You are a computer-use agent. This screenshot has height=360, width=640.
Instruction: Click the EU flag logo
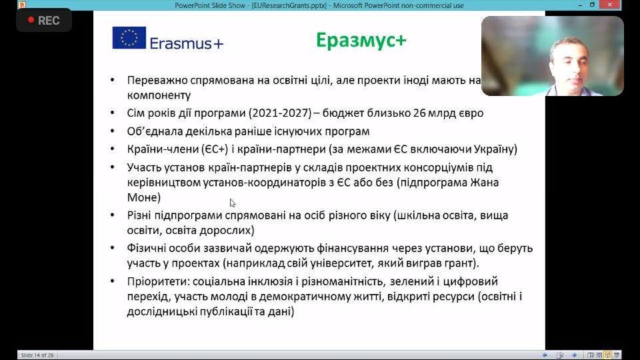pyautogui.click(x=129, y=37)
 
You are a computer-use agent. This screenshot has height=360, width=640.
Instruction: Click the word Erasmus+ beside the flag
pyautogui.click(x=187, y=43)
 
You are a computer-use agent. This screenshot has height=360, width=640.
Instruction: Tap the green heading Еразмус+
pyautogui.click(x=361, y=41)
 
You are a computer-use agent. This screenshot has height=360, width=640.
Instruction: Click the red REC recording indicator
pyautogui.click(x=44, y=21)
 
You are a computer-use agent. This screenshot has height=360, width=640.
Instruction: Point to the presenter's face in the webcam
pyautogui.click(x=569, y=63)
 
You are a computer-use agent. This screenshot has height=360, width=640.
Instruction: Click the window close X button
pyautogui.click(x=610, y=5)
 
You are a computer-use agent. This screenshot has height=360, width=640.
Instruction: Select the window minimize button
pyautogui.click(x=580, y=5)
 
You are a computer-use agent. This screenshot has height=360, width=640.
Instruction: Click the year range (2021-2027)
pyautogui.click(x=279, y=113)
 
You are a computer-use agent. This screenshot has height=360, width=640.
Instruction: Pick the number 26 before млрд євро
pyautogui.click(x=419, y=113)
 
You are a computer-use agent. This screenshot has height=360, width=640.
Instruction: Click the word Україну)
pyautogui.click(x=495, y=149)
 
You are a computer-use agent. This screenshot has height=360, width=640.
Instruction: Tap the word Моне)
pyautogui.click(x=144, y=197)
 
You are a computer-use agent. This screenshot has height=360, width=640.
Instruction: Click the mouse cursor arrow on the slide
pyautogui.click(x=232, y=203)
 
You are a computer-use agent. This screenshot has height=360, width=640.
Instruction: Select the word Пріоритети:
pyautogui.click(x=158, y=281)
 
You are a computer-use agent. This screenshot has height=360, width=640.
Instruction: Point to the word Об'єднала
pyautogui.click(x=154, y=131)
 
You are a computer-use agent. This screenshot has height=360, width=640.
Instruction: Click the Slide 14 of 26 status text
pyautogui.click(x=37, y=355)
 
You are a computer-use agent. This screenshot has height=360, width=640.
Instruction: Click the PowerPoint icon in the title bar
pyautogui.click(x=22, y=5)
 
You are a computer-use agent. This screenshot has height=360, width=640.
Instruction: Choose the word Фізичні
pyautogui.click(x=146, y=248)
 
